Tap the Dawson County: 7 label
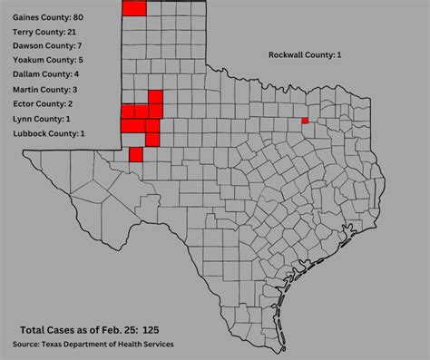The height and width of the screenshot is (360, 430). (x=47, y=45)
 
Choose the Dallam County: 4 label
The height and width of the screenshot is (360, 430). (x=45, y=74)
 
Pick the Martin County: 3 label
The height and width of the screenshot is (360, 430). (x=45, y=90)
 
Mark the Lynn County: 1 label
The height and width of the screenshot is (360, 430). (x=42, y=119)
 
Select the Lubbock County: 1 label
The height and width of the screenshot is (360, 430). (x=49, y=134)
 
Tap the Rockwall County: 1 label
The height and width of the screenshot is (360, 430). (x=305, y=55)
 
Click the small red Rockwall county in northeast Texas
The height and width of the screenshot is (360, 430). (x=305, y=120)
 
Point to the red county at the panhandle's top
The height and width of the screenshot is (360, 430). (x=133, y=7)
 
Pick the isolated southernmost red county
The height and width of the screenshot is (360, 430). (x=136, y=154)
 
